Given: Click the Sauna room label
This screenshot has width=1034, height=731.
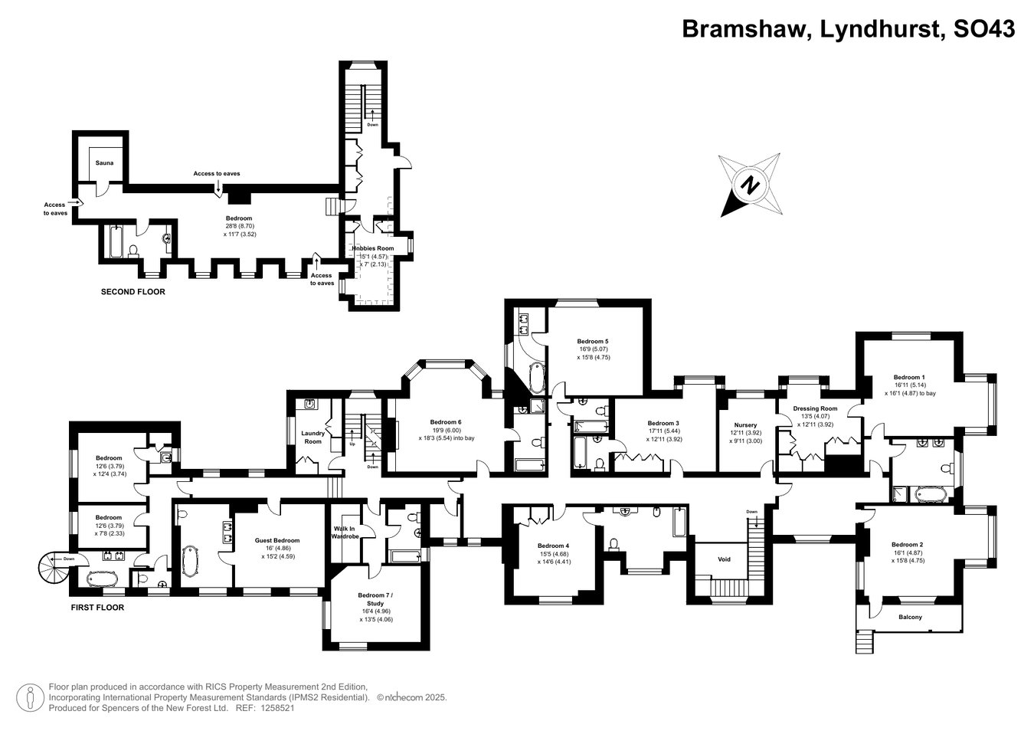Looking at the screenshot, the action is pyautogui.click(x=104, y=163).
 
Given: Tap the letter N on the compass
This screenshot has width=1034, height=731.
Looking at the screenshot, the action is pyautogui.click(x=750, y=185).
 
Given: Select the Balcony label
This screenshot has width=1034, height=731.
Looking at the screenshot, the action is pyautogui.click(x=910, y=617).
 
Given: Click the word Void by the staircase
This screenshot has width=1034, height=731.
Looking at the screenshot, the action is pyautogui.click(x=725, y=559).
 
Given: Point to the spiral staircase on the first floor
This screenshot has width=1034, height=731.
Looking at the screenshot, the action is pyautogui.click(x=55, y=566).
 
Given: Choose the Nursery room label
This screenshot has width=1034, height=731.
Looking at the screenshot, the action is pyautogui.click(x=745, y=425).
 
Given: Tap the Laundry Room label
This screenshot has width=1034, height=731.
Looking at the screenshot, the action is pyautogui.click(x=313, y=438).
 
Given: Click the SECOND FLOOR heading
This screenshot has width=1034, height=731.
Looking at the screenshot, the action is pyautogui.click(x=133, y=292).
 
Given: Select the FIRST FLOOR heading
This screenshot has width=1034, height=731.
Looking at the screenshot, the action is pyautogui.click(x=97, y=608).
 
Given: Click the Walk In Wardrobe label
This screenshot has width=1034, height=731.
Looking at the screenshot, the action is pyautogui.click(x=345, y=533).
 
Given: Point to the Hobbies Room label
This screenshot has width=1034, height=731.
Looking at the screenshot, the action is pyautogui.click(x=373, y=248).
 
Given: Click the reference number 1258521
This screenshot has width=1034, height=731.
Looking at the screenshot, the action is pyautogui.click(x=277, y=708).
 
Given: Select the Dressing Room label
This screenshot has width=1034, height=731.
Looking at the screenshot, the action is pyautogui.click(x=815, y=408).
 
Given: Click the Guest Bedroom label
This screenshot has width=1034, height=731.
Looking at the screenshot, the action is pyautogui.click(x=277, y=540).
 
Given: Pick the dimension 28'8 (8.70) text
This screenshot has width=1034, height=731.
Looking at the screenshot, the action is pyautogui.click(x=240, y=226).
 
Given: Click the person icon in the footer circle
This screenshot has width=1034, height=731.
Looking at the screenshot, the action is pyautogui.click(x=31, y=697).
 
